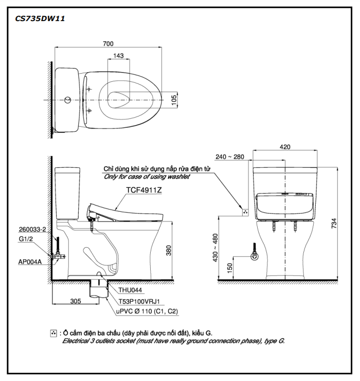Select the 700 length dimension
(x=108, y=44)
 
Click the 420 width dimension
(x=285, y=147)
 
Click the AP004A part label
(x=30, y=261)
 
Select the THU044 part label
(x=131, y=290)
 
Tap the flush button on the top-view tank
(x=65, y=99)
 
